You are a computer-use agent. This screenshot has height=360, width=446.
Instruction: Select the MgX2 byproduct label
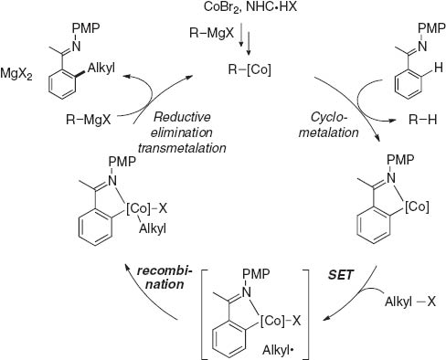pos(21,71)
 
